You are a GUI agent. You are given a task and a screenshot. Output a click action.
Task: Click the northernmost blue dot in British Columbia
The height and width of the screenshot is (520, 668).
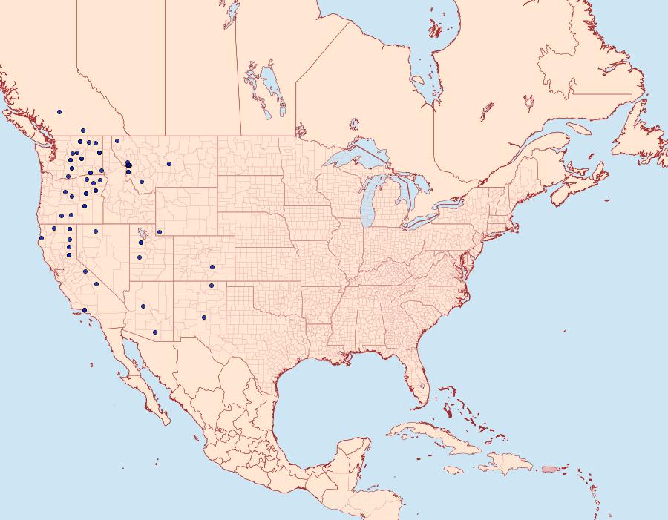pyautogui.click(x=59, y=112)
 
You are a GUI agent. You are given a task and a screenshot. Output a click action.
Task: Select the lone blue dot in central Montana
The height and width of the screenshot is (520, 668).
pyautogui.click(x=169, y=164)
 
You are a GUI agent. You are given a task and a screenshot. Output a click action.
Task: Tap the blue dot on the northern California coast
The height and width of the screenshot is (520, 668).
pyautogui.click(x=42, y=238)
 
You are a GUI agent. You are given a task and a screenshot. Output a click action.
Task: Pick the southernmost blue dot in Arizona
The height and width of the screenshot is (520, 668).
pyautogui.click(x=154, y=332)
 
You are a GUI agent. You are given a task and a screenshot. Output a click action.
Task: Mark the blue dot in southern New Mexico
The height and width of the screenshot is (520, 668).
pyautogui.click(x=204, y=317)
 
